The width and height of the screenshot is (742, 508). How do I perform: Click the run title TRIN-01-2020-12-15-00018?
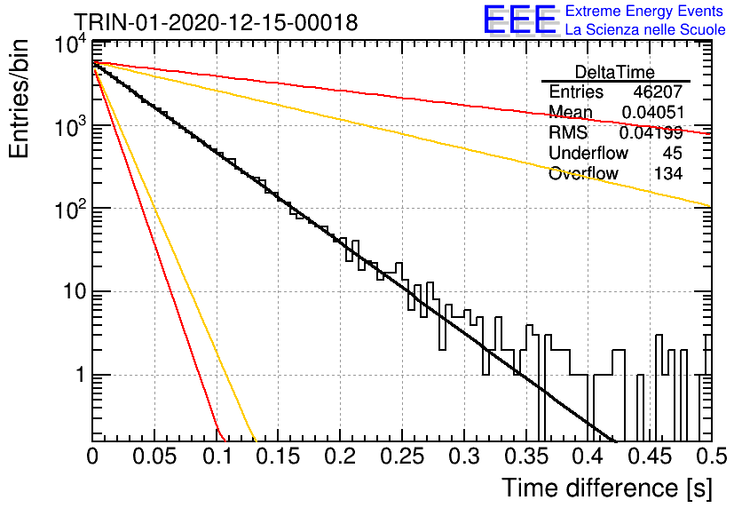pos(216,22)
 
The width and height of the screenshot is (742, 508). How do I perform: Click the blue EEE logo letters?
pos(520,20)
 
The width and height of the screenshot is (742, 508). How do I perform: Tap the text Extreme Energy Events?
pos(644,11)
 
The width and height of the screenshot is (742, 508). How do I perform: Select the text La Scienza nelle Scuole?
pos(645,29)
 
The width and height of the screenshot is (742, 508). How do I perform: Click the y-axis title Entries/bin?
pos(20,99)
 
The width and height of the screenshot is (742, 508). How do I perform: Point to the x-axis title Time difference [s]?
pos(607,488)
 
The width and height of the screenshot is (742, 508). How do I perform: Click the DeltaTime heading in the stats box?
pos(615,72)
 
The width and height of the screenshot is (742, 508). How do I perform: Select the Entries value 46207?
pos(658,91)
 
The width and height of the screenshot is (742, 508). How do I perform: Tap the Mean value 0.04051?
pos(653,112)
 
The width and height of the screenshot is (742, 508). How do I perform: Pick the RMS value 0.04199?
pos(651,133)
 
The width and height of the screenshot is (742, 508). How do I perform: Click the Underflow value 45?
pos(673,153)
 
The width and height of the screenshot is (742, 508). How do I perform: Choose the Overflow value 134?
pos(668,173)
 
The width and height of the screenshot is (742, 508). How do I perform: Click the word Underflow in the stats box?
pos(588,153)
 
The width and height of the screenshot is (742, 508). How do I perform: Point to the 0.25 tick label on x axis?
pos(402,456)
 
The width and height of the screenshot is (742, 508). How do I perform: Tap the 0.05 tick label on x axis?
pos(154,456)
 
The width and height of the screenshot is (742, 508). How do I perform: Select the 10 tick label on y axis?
pos(75,291)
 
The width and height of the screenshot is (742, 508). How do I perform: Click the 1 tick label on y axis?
pos(81,375)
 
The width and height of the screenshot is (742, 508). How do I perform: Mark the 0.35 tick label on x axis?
pos(526,456)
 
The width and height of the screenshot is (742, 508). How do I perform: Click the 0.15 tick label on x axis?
pos(279,456)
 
